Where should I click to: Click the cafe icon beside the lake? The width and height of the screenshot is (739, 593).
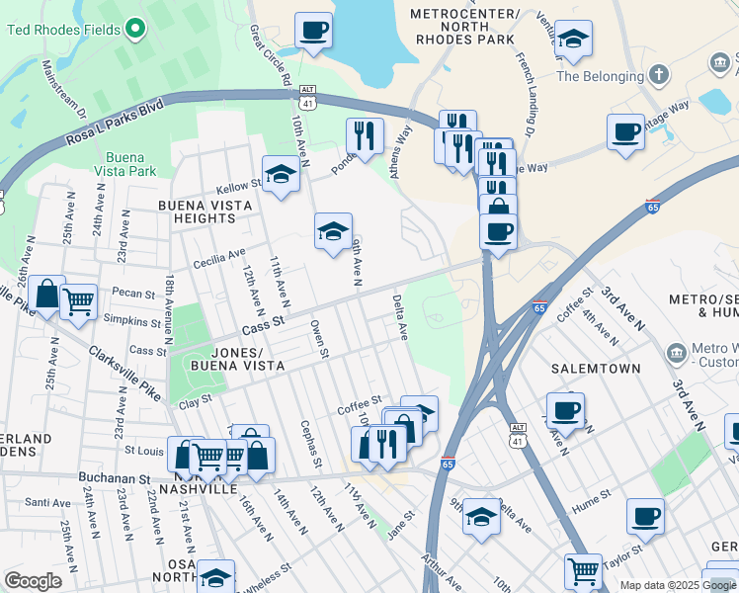314,31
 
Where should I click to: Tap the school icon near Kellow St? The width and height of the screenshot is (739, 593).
282,175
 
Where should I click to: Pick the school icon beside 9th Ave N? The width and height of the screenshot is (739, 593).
334,231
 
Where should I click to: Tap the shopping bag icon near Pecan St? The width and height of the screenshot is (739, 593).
46,294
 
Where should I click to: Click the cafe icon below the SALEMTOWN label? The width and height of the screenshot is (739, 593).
565,409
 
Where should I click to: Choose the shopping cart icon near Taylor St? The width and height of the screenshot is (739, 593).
583,570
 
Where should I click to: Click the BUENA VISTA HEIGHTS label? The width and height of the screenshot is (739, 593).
205,212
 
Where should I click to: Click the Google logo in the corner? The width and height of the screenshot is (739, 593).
33,580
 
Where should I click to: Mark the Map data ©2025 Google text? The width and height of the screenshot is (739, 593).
677,585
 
